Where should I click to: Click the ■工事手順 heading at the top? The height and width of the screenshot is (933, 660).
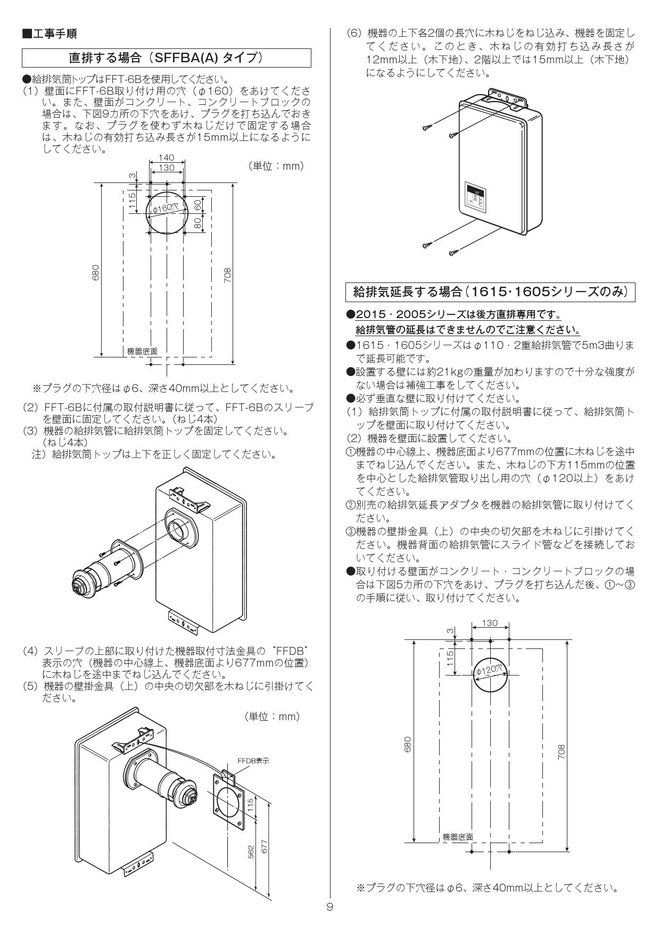tap(49, 34)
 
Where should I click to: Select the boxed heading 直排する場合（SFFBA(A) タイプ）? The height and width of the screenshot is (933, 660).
tap(166, 57)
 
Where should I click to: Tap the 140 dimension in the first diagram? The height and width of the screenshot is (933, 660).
tap(167, 158)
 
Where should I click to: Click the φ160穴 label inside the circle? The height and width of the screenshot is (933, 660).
tap(166, 208)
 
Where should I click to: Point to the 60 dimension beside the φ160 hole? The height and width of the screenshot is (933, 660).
tap(197, 205)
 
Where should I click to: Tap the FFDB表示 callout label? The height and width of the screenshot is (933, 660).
tap(253, 761)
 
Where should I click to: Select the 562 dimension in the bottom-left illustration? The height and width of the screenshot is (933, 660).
tap(251, 852)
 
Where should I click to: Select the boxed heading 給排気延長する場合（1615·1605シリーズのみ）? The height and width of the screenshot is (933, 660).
tap(490, 291)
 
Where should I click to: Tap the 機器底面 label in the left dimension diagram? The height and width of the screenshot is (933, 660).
tap(142, 352)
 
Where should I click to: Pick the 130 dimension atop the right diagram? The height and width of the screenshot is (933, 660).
tap(489, 623)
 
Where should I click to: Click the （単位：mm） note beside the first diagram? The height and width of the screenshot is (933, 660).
tap(276, 166)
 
